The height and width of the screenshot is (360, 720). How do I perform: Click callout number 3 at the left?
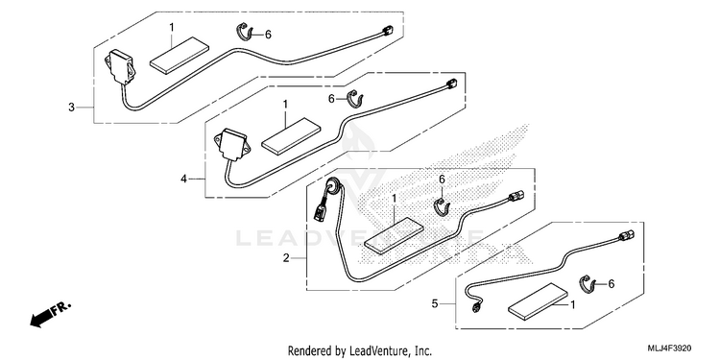[x=71, y=108]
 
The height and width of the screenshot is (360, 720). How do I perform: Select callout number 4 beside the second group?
[x=183, y=179]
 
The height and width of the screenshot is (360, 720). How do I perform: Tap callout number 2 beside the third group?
[x=286, y=258]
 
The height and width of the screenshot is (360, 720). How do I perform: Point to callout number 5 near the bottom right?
[x=435, y=303]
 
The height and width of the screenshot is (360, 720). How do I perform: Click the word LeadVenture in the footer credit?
[x=377, y=351]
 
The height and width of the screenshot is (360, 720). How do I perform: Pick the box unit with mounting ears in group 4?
[x=232, y=144]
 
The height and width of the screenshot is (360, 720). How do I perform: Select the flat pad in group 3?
[x=180, y=55]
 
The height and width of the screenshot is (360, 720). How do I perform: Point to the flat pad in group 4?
[x=291, y=136]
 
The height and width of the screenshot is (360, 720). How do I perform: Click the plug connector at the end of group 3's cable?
[x=385, y=31]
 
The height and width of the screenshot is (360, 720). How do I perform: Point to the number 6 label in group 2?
[x=442, y=180]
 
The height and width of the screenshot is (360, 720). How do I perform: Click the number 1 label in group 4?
[x=285, y=105]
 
